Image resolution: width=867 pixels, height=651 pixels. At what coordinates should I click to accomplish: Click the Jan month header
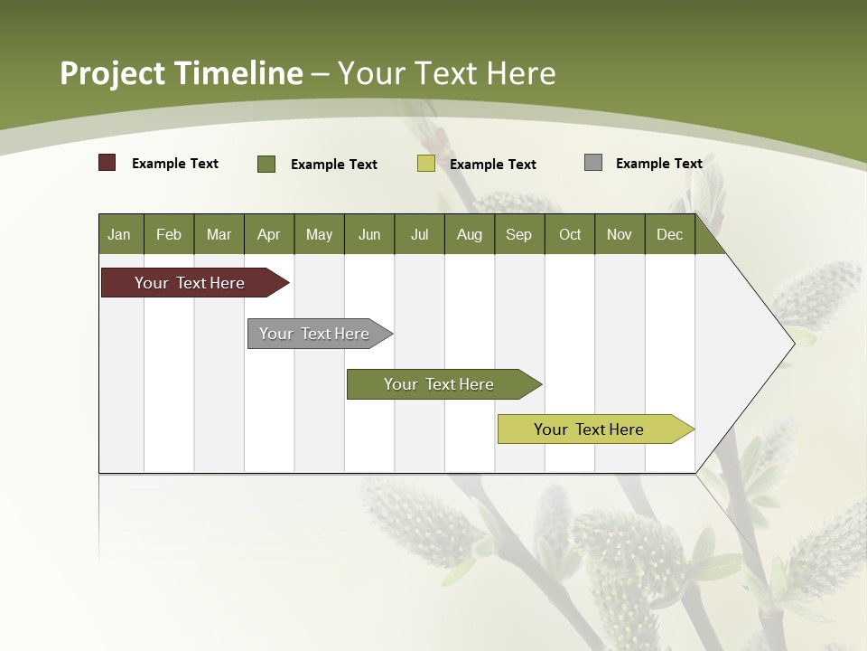(120, 234)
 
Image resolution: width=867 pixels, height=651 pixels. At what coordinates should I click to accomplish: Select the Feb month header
(169, 234)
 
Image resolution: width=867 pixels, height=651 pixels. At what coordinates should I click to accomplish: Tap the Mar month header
(219, 234)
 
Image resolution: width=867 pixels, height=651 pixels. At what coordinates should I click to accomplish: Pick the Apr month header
(269, 234)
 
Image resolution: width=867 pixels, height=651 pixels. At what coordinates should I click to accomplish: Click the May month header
(319, 234)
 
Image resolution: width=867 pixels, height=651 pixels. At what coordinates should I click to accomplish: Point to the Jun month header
(369, 234)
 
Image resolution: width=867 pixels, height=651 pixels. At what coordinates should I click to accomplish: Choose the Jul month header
(419, 234)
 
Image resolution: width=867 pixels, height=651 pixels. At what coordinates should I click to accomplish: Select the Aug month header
(470, 234)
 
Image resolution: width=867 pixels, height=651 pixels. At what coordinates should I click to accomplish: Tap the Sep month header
(519, 234)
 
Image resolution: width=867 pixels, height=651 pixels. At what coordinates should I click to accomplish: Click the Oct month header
(570, 234)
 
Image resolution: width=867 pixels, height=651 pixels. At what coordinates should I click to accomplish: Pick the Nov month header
(620, 234)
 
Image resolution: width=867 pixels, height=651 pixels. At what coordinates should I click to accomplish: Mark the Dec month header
(670, 234)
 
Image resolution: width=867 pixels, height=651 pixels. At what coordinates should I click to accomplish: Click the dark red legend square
(107, 163)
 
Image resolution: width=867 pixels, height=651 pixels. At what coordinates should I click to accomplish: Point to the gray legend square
(593, 163)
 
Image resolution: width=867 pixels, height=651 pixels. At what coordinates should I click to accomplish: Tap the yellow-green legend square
(426, 164)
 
